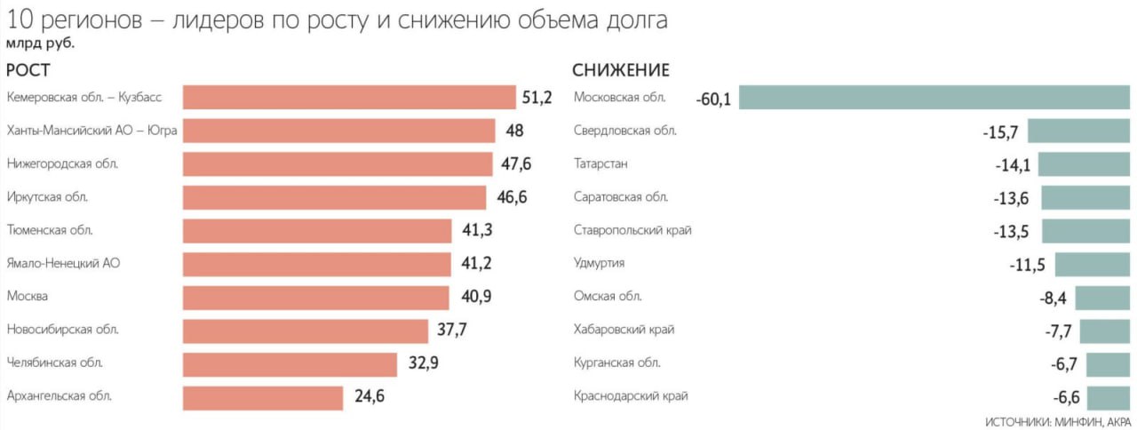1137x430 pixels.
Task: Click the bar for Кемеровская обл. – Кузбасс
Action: pyautogui.click(x=349, y=98)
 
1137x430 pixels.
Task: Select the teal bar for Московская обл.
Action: pyautogui.click(x=934, y=98)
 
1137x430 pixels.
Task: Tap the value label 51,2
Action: pyautogui.click(x=537, y=98)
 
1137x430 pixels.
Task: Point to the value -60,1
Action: pyautogui.click(x=714, y=99)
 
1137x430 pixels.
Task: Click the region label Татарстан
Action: pyautogui.click(x=600, y=163)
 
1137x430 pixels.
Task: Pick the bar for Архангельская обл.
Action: pyautogui.click(x=263, y=397)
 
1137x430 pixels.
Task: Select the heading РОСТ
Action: pyautogui.click(x=28, y=71)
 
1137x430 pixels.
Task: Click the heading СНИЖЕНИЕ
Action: pyautogui.click(x=621, y=71)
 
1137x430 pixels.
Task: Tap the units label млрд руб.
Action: pyautogui.click(x=41, y=42)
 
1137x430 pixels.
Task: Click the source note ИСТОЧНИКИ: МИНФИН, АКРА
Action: pyautogui.click(x=1058, y=421)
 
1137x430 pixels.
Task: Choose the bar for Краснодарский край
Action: pyautogui.click(x=1108, y=397)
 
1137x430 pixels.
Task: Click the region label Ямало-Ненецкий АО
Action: pyautogui.click(x=63, y=263)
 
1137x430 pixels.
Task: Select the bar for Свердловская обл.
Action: pyautogui.click(x=1078, y=131)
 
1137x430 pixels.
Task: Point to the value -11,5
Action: pyautogui.click(x=1027, y=264)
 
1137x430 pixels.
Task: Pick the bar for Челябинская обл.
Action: pyautogui.click(x=290, y=364)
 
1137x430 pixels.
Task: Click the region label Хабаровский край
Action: pyautogui.click(x=624, y=330)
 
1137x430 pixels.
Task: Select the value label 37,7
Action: pyautogui.click(x=452, y=330)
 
